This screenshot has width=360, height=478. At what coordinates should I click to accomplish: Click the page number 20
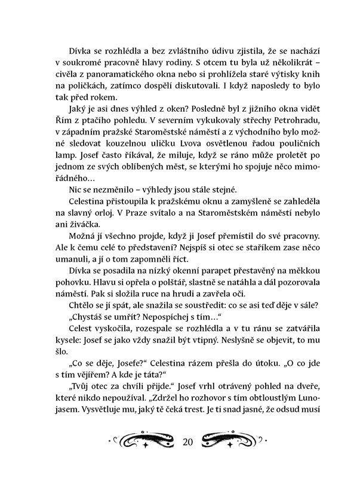[187, 443]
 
